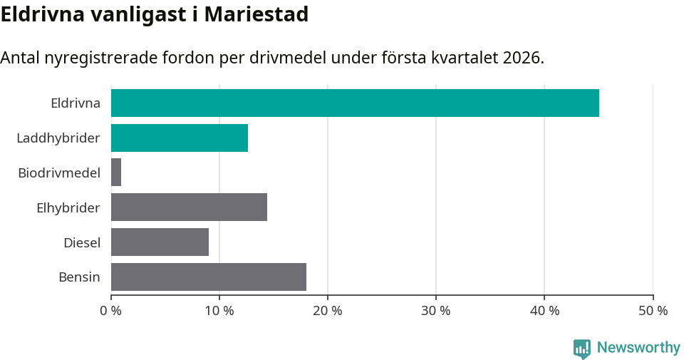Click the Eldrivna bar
click(x=355, y=103)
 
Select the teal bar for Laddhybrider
click(x=180, y=138)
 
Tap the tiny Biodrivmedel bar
click(x=116, y=173)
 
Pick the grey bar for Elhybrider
click(x=189, y=207)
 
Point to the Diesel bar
click(x=160, y=242)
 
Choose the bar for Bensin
click(x=209, y=277)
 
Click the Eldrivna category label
click(x=75, y=103)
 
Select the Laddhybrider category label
click(x=58, y=138)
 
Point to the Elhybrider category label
click(x=68, y=207)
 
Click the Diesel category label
click(x=81, y=242)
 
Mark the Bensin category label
click(x=79, y=277)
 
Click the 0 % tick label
click(x=111, y=311)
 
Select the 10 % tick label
click(x=219, y=311)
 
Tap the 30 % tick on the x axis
click(x=436, y=311)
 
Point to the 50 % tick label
click(x=653, y=311)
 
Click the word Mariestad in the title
click(x=256, y=14)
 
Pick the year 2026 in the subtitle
click(x=521, y=58)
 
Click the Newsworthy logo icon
click(x=582, y=349)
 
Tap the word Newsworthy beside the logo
click(x=638, y=348)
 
